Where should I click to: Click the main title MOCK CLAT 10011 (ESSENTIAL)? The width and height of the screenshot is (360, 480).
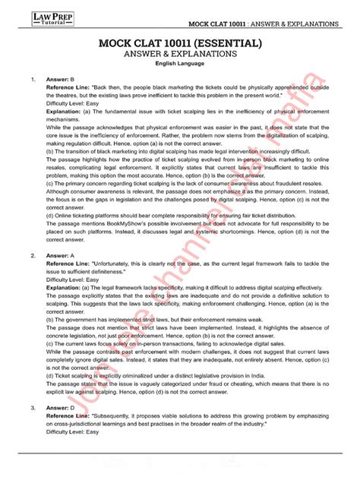click(180, 44)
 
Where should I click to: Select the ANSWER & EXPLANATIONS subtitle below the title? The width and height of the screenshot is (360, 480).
click(180, 55)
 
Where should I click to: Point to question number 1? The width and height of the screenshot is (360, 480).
click(33, 79)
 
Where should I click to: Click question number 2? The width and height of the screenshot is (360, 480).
click(33, 256)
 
